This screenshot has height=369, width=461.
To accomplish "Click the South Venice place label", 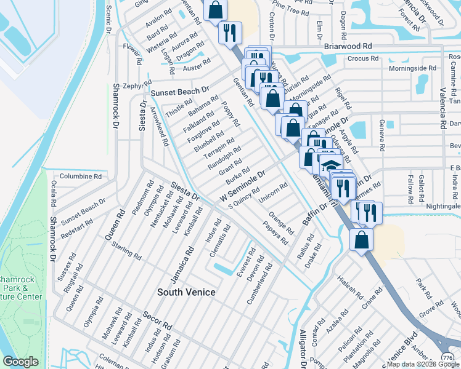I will tap(186, 292).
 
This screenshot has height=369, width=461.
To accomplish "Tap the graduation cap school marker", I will tap(331, 166).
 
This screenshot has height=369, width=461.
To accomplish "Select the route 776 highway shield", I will tap(447, 357).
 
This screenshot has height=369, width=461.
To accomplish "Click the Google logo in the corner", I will tap(21, 362).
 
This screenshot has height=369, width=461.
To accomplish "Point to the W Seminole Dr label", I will tap(242, 186).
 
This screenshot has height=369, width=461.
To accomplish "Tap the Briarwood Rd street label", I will tap(348, 46).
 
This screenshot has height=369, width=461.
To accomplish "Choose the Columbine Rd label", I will tap(80, 176).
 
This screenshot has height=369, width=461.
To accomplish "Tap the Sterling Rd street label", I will tap(127, 252).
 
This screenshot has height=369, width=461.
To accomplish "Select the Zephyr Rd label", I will tap(136, 85).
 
